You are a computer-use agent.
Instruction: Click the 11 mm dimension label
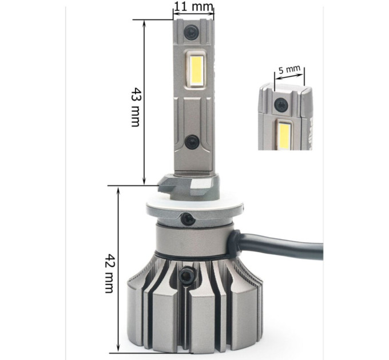(x=193, y=6)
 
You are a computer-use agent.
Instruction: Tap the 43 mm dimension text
(x=136, y=107)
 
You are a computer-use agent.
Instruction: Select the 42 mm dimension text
(x=109, y=273)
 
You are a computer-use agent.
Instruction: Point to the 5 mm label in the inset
(x=289, y=70)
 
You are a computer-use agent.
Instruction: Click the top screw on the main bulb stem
(x=192, y=32)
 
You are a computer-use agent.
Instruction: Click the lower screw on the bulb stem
(x=192, y=142)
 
